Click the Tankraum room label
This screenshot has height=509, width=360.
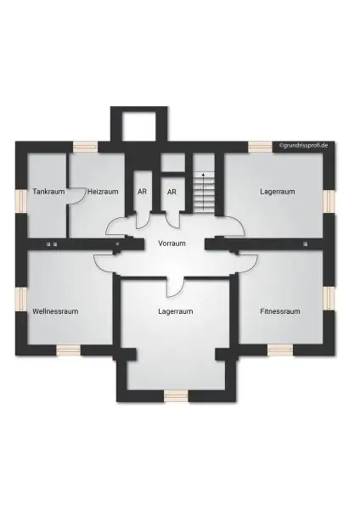coord(48,192)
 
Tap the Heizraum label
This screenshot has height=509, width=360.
coord(102,192)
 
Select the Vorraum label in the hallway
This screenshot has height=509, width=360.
coord(172,243)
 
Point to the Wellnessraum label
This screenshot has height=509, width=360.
coord(55,311)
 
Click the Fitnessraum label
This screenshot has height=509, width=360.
coord(280,311)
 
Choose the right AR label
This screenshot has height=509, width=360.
coord(172,192)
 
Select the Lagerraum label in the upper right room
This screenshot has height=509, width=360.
coord(278,192)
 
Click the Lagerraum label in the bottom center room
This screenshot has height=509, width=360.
coord(175,311)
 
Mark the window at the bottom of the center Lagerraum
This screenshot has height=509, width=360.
coord(176,394)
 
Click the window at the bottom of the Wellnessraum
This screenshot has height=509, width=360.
coord(69,349)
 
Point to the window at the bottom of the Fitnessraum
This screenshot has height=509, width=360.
coord(279,349)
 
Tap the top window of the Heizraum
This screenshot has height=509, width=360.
coord(85,146)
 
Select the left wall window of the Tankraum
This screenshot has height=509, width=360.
coord(20,200)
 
